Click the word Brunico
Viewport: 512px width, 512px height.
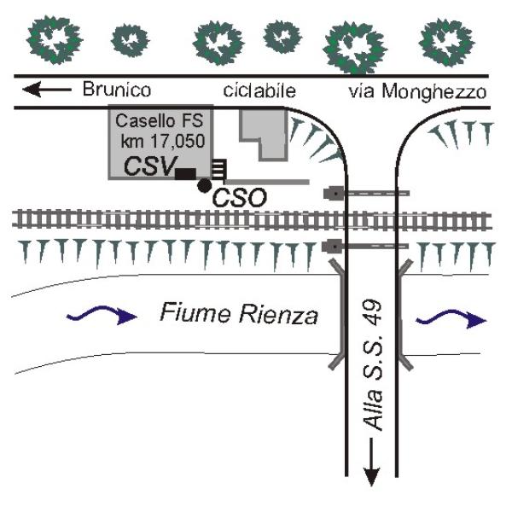pos(117,89)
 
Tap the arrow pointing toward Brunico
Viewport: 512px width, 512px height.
pos(47,89)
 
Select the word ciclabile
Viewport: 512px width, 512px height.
pos(259,90)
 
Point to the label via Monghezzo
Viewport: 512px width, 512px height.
pos(417,92)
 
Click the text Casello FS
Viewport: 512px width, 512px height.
pos(159,121)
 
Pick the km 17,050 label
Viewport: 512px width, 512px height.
pos(163,142)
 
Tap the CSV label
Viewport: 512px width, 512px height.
pos(150,166)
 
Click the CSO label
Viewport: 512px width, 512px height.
pos(239,198)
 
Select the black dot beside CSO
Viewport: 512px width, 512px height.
pos(205,185)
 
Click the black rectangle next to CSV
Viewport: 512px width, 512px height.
pos(185,174)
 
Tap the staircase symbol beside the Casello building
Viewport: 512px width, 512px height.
pos(218,169)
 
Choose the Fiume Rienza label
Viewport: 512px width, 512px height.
pos(239,313)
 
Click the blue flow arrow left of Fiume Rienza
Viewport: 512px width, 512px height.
pos(102,315)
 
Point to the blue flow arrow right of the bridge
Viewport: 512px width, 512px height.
pos(451,318)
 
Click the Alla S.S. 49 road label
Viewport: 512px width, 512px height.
pos(373,365)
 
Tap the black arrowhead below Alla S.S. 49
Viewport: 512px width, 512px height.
pos(371,477)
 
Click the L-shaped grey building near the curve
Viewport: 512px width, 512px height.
pos(264,134)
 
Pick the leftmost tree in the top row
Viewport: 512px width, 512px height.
pos(55,39)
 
